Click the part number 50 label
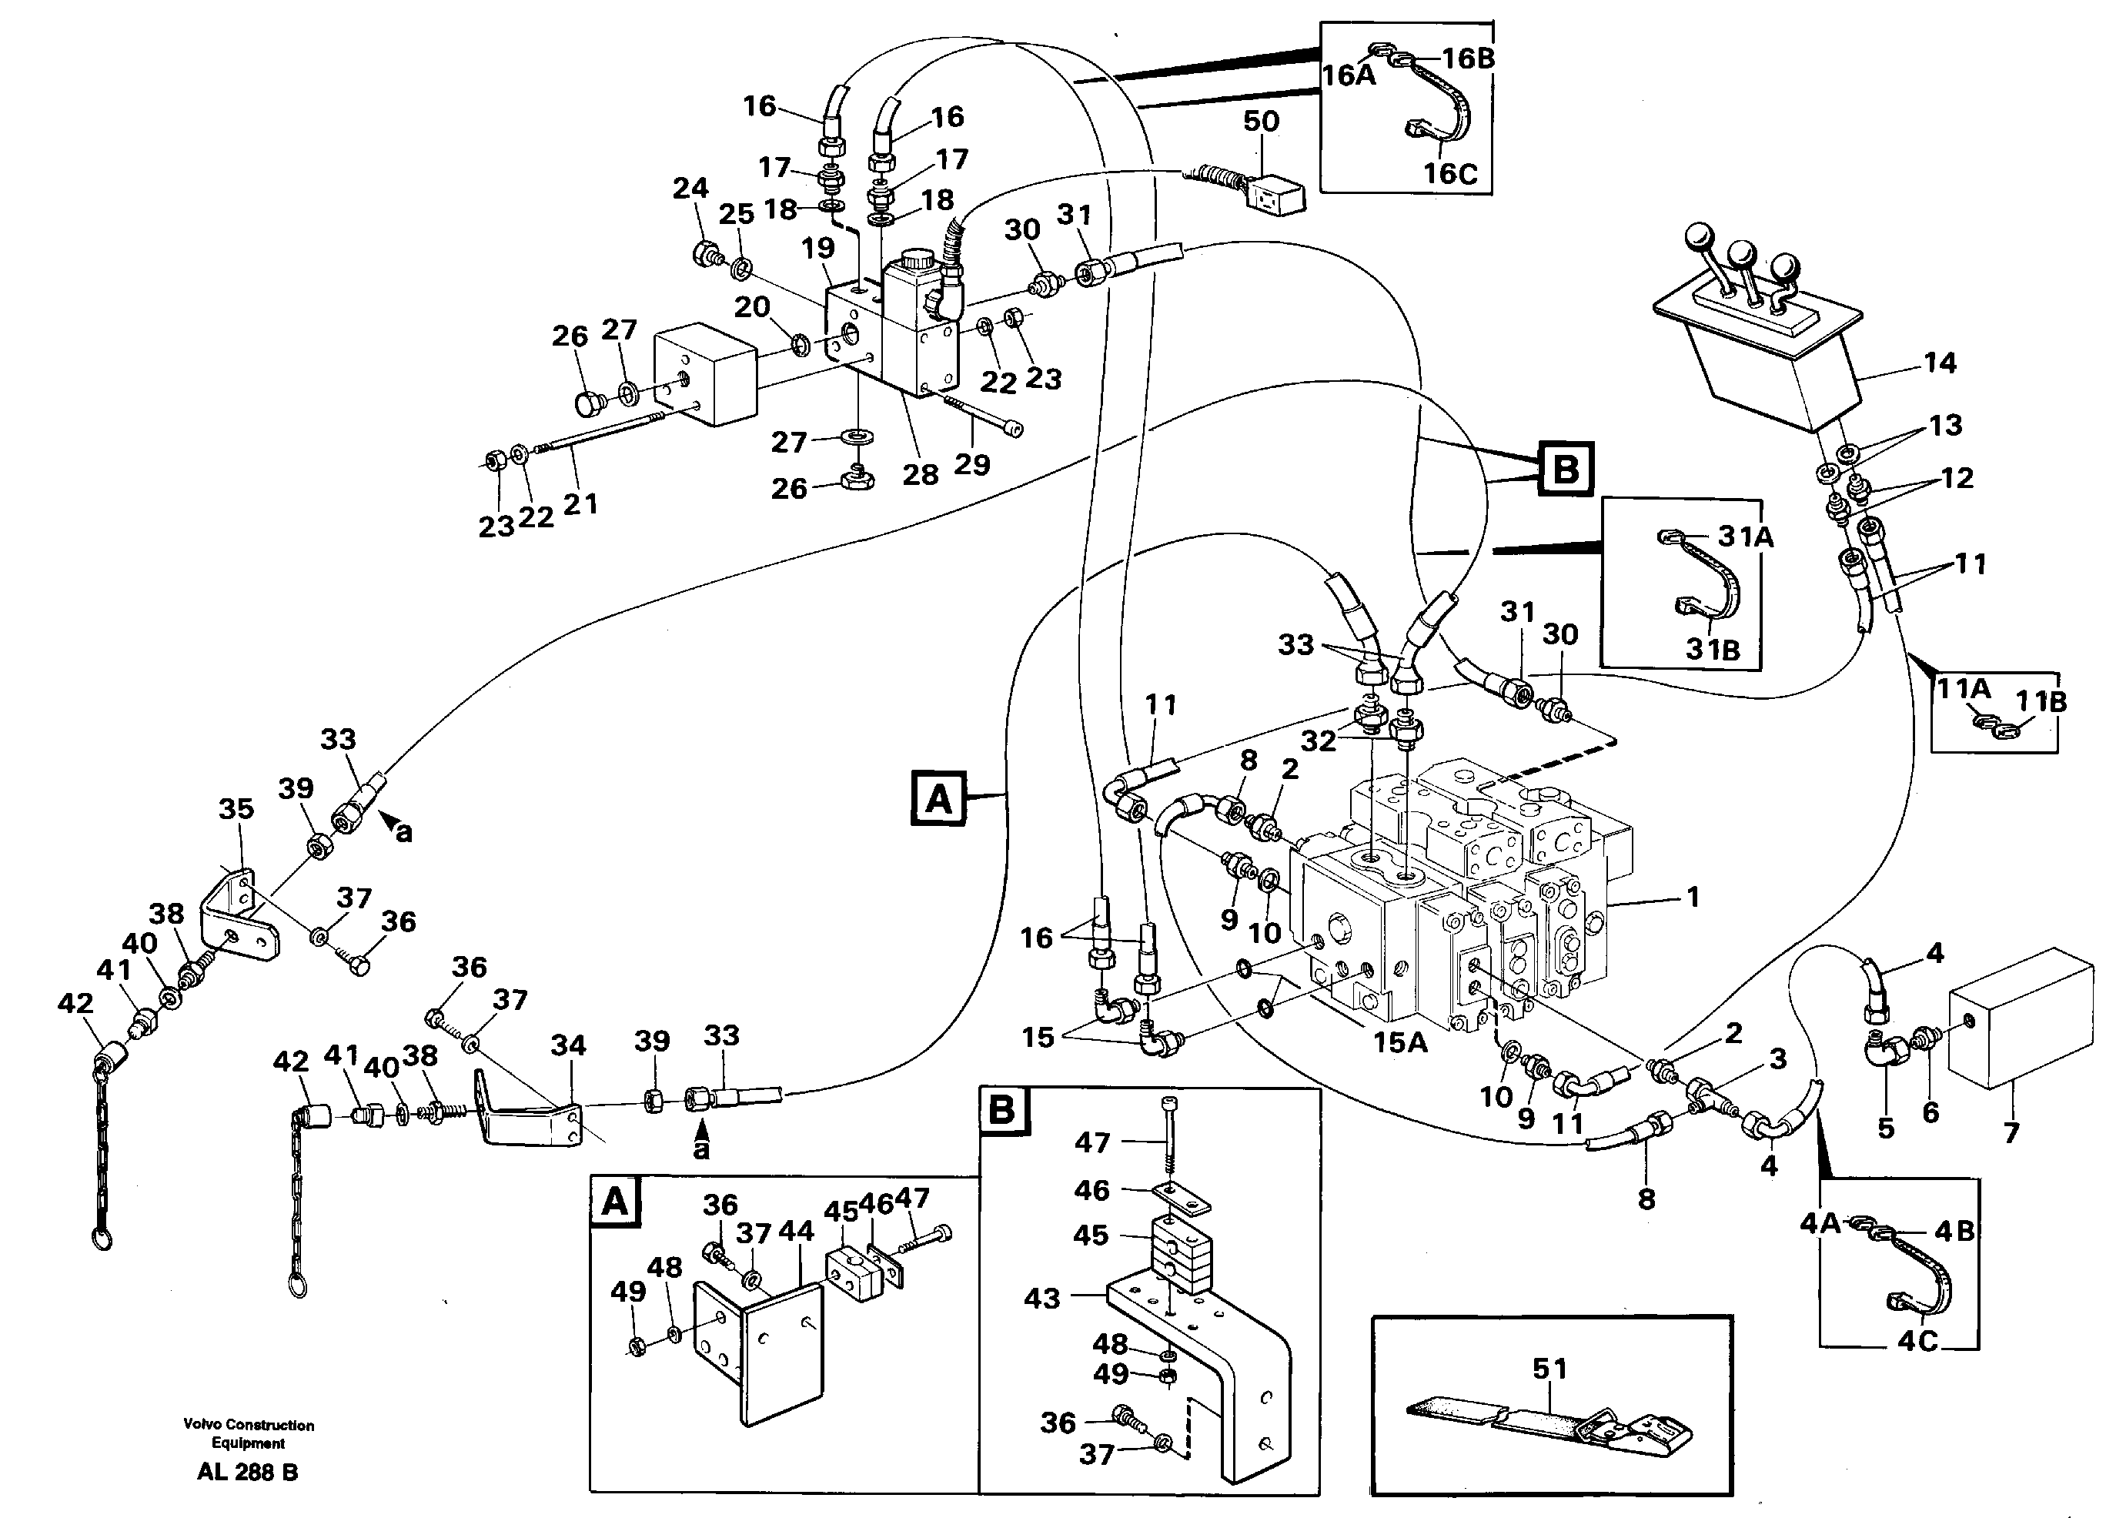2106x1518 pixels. pyautogui.click(x=1261, y=122)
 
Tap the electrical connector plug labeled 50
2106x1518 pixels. pyautogui.click(x=1272, y=196)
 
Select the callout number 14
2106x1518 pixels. pyautogui.click(x=1940, y=363)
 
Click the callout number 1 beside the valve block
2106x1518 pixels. pyautogui.click(x=1693, y=897)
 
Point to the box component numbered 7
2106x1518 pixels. pyautogui.click(x=2020, y=1017)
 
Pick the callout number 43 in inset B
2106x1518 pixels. pyautogui.click(x=1042, y=1298)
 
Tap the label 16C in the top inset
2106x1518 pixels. pyautogui.click(x=1450, y=174)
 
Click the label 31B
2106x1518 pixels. pyautogui.click(x=1713, y=650)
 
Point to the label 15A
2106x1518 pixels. pyautogui.click(x=1400, y=1042)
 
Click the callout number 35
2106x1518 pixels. pyautogui.click(x=236, y=809)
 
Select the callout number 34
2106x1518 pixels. pyautogui.click(x=568, y=1045)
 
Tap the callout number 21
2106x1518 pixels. pyautogui.click(x=580, y=504)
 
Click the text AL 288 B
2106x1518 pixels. pyautogui.click(x=248, y=1473)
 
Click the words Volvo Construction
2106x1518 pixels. pyautogui.click(x=249, y=1425)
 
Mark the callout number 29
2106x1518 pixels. pyautogui.click(x=972, y=464)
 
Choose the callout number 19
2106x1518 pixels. pyautogui.click(x=818, y=248)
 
